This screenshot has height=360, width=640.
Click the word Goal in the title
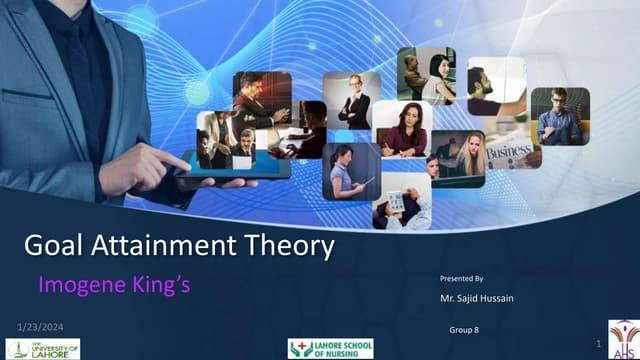[55, 246]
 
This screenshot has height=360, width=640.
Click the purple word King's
[160, 285]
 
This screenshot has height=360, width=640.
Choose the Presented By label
[461, 277]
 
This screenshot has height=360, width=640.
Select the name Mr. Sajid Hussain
[478, 298]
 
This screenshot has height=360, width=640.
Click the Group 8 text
[464, 329]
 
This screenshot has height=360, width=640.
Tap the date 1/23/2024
[42, 327]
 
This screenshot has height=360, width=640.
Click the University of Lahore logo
[43, 347]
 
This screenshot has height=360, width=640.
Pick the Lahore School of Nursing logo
[330, 348]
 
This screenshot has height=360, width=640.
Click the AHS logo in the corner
[622, 339]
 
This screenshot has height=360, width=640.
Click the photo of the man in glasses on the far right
[560, 116]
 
